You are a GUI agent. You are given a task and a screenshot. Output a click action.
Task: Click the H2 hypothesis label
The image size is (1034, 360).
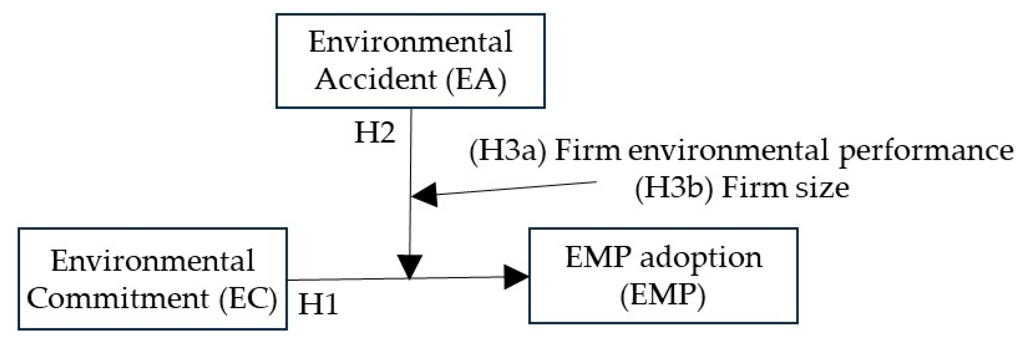pos(374,133)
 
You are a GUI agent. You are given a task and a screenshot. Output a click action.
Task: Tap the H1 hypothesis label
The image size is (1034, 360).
pos(318,304)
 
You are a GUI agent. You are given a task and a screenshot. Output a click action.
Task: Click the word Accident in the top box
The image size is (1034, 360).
pos(375,78)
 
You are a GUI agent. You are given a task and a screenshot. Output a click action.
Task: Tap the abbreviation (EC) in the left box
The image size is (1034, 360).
pos(248,299)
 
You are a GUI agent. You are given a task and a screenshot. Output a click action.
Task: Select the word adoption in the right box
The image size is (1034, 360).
pos(701,257)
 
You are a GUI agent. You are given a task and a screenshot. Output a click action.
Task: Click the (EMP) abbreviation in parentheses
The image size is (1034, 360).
pos(663,295)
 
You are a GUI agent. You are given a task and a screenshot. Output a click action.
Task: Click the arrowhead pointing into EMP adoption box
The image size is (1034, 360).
pos(516,276)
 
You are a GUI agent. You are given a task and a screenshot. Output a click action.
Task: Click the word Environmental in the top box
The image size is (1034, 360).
pos(410,42)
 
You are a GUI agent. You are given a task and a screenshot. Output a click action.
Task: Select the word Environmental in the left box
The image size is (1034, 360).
pos(152,261)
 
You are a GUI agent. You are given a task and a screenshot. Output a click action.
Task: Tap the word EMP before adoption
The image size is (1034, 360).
pos(598,257)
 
